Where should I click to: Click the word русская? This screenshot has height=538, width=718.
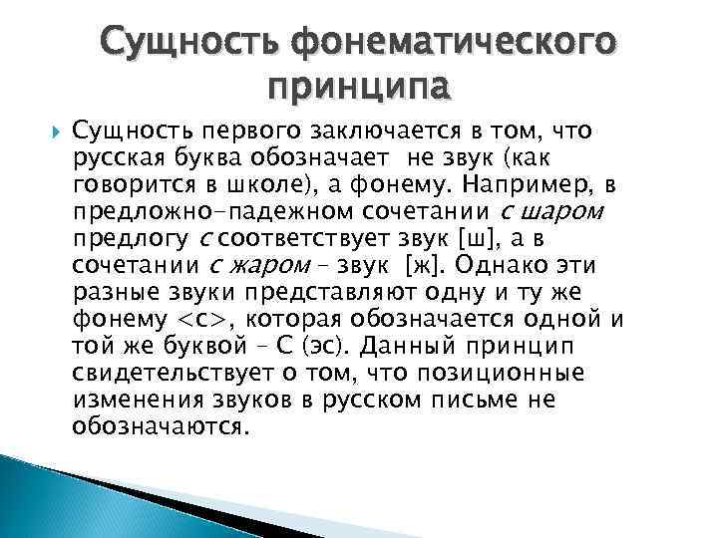click(114, 156)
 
